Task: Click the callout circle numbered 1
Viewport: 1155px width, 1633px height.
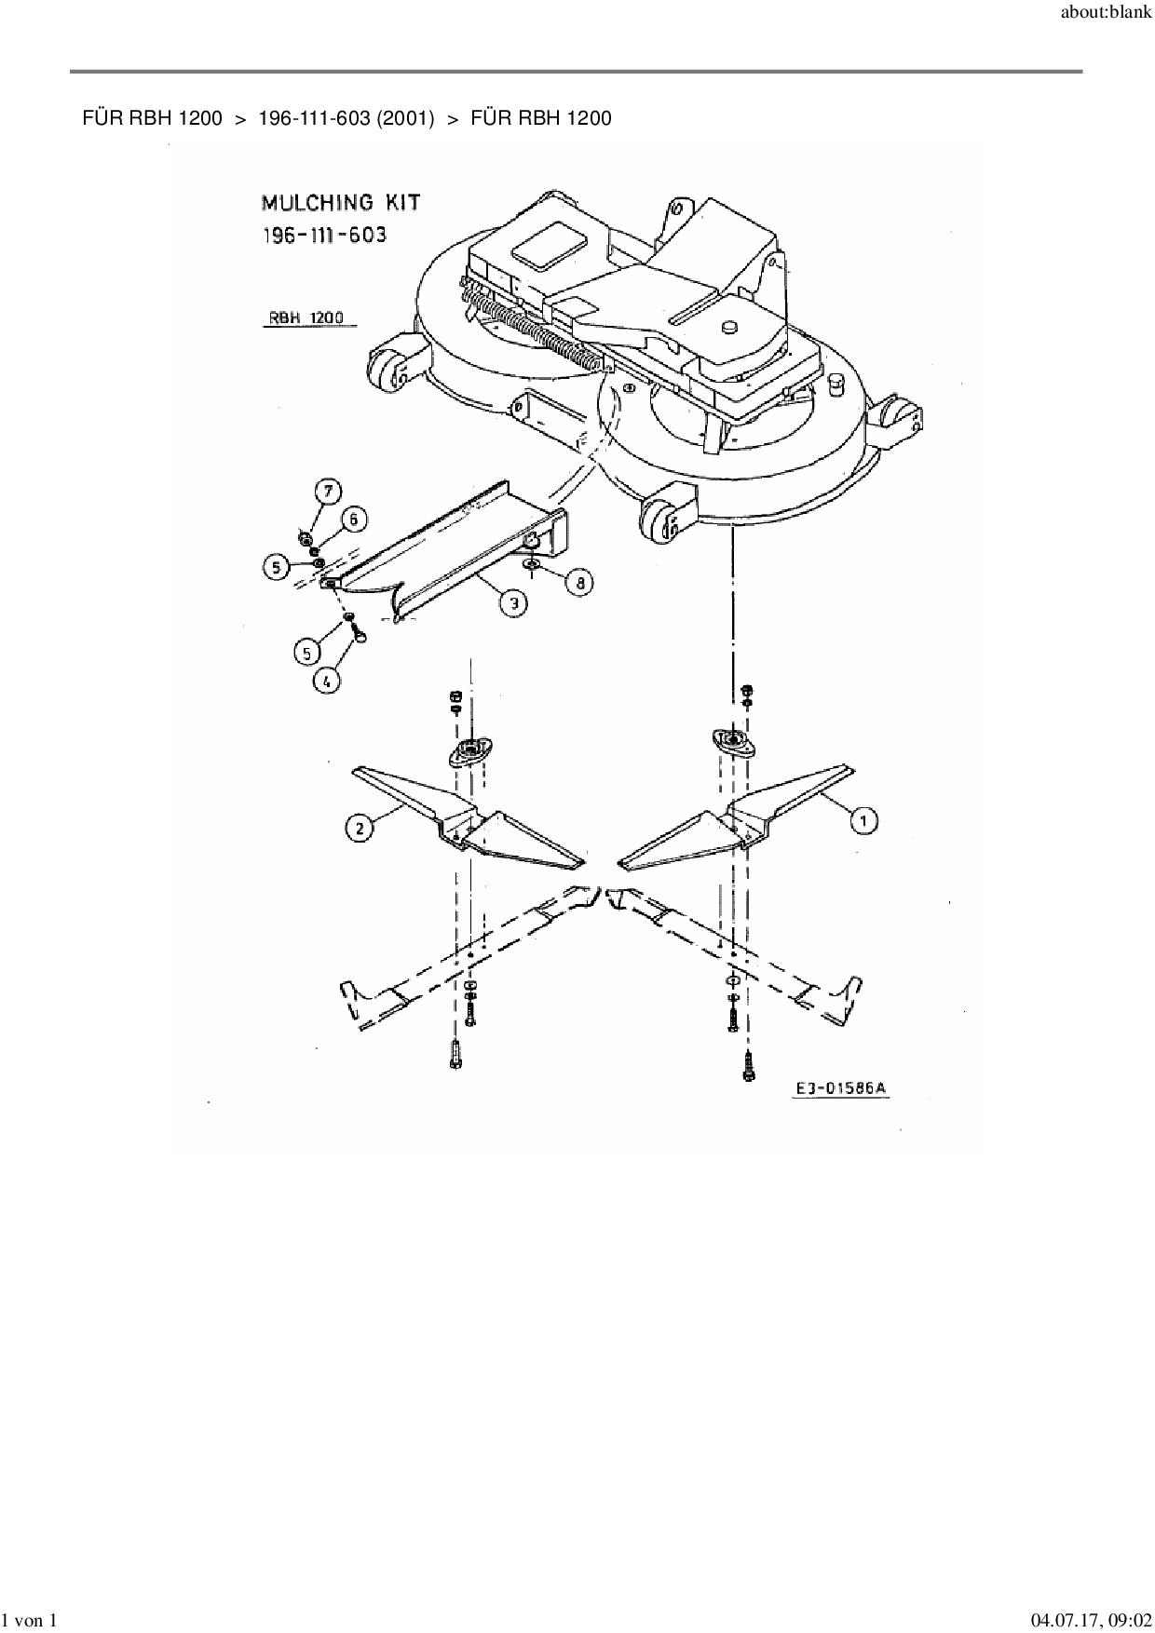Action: [864, 820]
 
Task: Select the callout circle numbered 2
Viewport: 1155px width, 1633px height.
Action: [360, 827]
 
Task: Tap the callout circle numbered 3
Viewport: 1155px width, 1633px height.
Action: [512, 603]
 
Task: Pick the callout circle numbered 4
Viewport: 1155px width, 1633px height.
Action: [326, 681]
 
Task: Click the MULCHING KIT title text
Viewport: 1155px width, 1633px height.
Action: [340, 202]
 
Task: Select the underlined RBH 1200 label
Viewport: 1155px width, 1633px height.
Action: [306, 317]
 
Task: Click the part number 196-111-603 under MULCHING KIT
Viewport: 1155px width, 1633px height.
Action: [323, 235]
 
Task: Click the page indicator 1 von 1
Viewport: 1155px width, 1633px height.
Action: [31, 1619]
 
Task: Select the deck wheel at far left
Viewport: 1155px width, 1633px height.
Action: [387, 372]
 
